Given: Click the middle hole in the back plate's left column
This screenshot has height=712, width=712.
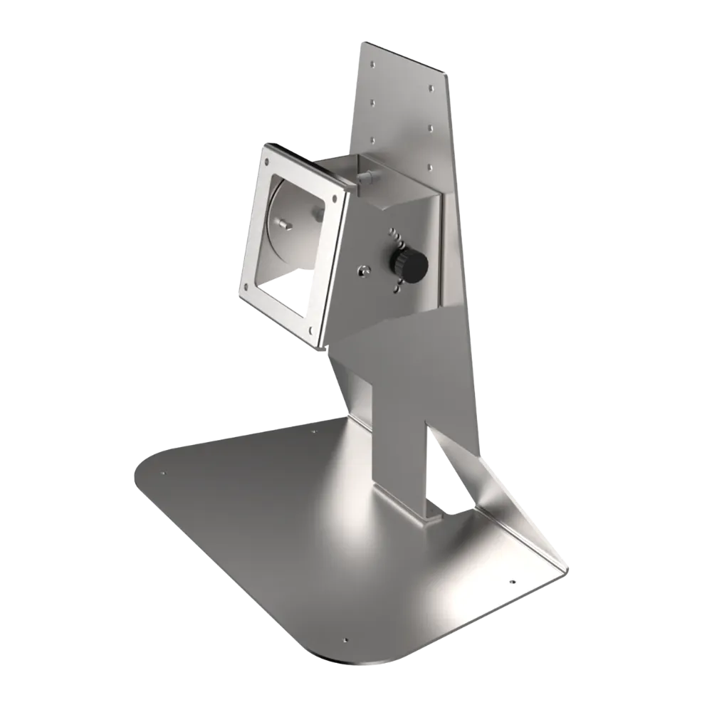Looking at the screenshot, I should pos(373,101).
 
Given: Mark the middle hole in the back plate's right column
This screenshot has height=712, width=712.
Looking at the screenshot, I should pos(431,128).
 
